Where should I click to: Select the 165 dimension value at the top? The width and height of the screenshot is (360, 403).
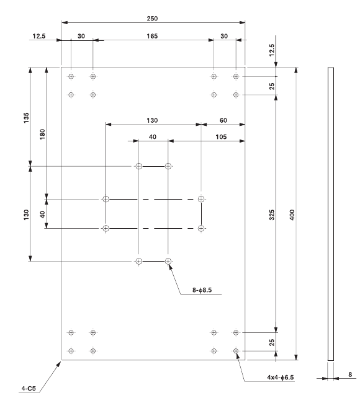click(152, 37)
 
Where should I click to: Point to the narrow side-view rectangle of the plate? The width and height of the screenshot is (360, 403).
click(330, 214)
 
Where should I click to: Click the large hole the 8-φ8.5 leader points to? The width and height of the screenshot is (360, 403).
click(168, 261)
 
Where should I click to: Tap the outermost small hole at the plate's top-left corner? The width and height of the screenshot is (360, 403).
click(71, 76)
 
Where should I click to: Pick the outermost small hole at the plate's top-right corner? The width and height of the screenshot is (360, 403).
click(236, 76)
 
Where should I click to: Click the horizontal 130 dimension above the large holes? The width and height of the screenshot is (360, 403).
click(152, 120)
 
